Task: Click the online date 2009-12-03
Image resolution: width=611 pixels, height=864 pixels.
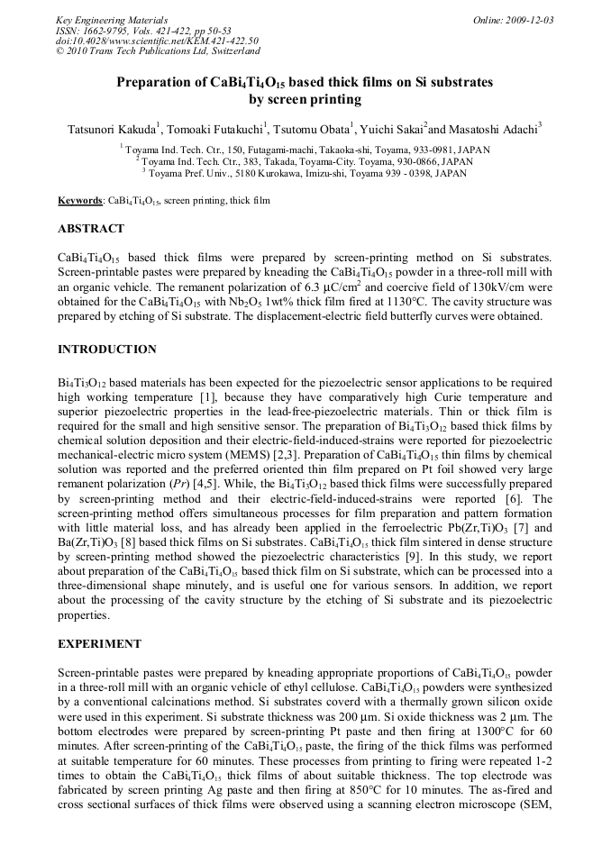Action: click(527, 20)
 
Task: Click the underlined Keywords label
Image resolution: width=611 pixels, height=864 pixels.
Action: click(80, 201)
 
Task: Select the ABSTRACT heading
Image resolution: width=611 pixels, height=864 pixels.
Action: click(91, 229)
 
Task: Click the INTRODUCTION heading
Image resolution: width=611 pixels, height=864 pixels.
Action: click(106, 349)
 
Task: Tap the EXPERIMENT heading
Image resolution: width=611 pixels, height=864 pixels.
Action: click(99, 644)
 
